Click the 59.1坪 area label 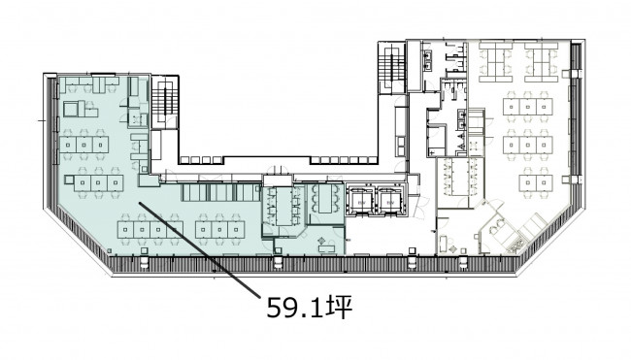(x=309, y=308)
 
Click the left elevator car (x=359, y=201)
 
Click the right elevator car (x=389, y=201)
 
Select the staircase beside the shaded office (x=164, y=100)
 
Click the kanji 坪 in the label (x=339, y=308)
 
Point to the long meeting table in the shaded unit (x=284, y=206)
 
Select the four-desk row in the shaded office (x=149, y=229)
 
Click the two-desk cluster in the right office (x=536, y=183)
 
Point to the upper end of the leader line (x=139, y=203)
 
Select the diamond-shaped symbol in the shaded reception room (x=321, y=241)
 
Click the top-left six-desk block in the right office (x=495, y=62)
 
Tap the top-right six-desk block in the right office (x=542, y=62)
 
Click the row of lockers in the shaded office (x=220, y=192)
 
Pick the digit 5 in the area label (x=274, y=309)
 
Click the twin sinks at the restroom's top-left (x=426, y=60)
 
